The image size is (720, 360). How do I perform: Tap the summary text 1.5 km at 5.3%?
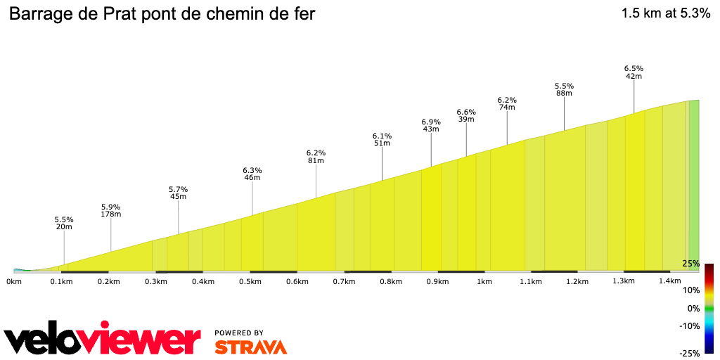click(x=665, y=13)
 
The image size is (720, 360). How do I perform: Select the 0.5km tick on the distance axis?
click(x=250, y=282)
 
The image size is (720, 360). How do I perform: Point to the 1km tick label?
click(x=484, y=282)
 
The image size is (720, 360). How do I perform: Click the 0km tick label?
click(x=14, y=282)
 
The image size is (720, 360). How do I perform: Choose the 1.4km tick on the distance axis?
click(x=670, y=282)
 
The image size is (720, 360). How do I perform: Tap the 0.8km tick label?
click(x=390, y=282)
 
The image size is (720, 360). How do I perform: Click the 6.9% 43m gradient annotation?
click(x=431, y=125)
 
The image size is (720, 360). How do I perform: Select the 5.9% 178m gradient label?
click(x=110, y=210)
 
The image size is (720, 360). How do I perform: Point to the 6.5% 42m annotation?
click(x=634, y=72)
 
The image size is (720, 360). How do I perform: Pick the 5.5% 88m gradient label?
click(x=563, y=89)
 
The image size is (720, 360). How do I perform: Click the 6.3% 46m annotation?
click(x=252, y=174)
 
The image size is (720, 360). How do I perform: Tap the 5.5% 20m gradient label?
click(x=64, y=223)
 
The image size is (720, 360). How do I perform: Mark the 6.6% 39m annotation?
click(x=466, y=115)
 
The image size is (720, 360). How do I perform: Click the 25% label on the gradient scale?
click(x=690, y=264)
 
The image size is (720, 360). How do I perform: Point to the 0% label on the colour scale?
click(x=693, y=309)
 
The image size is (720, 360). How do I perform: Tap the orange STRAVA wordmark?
click(x=250, y=347)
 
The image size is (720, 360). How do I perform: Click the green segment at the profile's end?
click(x=694, y=186)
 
